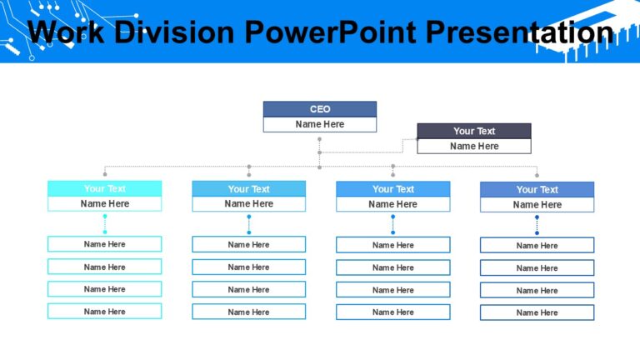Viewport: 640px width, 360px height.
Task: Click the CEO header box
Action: click(x=319, y=109)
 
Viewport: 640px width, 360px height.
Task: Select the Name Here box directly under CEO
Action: click(x=319, y=124)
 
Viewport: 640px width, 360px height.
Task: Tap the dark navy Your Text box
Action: click(x=473, y=131)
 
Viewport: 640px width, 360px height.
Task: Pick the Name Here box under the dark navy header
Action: click(x=473, y=146)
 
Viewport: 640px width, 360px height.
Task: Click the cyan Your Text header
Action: click(x=104, y=188)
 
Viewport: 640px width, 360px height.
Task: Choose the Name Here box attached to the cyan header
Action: click(x=104, y=203)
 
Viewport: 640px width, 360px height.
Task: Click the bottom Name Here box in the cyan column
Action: click(x=104, y=311)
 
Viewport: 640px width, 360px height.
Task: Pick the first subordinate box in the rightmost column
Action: click(x=537, y=245)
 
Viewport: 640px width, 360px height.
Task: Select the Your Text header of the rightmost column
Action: click(x=537, y=189)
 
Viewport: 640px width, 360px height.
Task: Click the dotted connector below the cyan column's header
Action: click(x=105, y=224)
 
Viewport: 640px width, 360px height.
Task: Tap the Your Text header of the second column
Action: click(x=248, y=188)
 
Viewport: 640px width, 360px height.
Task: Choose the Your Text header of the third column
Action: click(x=392, y=188)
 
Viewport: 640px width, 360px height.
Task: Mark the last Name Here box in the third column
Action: click(x=392, y=312)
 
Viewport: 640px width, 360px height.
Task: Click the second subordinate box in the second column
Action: click(x=248, y=267)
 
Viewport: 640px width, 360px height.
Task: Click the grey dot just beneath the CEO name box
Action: click(x=319, y=139)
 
